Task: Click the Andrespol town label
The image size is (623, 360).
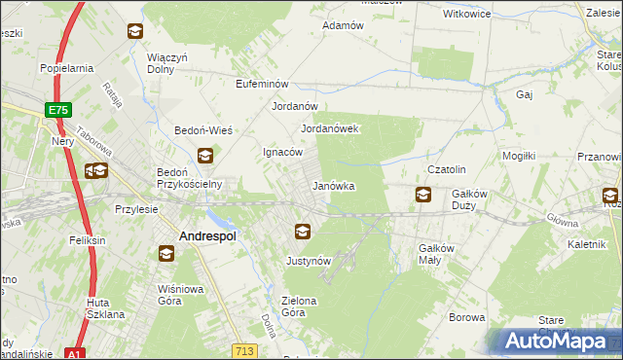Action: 209,235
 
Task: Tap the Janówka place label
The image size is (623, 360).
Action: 333,185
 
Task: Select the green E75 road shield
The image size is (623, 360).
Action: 57,111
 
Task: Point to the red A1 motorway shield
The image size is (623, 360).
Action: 74,354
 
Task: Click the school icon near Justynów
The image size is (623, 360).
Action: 303,232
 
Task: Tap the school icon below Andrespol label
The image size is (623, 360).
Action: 166,254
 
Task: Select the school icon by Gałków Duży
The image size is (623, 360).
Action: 422,195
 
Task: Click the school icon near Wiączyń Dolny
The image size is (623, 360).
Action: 134,31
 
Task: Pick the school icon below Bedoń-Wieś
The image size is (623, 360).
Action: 205,155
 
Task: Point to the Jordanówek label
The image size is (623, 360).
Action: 331,128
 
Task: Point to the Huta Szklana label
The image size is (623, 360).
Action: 105,308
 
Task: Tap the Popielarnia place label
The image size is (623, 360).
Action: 66,68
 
